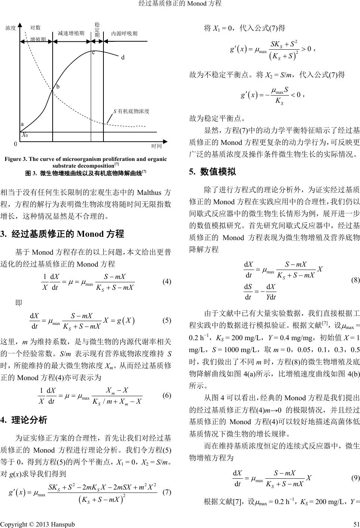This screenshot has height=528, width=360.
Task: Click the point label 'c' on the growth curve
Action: [94, 53]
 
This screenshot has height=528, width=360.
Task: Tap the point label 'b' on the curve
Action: [58, 87]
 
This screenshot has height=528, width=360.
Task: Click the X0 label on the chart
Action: [25, 135]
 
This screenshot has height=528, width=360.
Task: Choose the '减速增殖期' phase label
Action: [71, 34]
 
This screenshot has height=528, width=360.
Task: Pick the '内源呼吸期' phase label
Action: [124, 34]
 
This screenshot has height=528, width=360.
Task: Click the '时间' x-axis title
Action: [156, 146]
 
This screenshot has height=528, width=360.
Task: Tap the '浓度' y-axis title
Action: [11, 28]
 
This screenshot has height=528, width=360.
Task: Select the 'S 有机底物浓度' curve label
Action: [131, 111]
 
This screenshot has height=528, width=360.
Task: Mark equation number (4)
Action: [167, 282]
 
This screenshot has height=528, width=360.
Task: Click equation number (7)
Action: [167, 492]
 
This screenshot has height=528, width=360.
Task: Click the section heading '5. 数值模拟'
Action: [212, 172]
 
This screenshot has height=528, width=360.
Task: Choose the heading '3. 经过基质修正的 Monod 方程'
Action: [62, 234]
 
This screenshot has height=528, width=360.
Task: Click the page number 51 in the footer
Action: [356, 524]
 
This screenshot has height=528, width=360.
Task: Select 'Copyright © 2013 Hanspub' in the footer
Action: [37, 524]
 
